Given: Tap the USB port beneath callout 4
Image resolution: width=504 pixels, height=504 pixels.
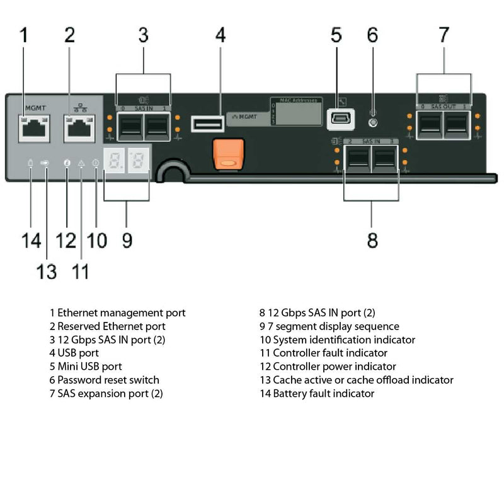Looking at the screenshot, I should pyautogui.click(x=207, y=124).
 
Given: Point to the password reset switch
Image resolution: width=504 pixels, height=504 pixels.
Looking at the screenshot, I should pyautogui.click(x=373, y=123).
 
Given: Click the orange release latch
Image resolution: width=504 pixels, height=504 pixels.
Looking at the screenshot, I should pyautogui.click(x=228, y=155).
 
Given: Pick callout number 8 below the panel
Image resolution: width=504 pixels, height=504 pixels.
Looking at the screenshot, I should pyautogui.click(x=372, y=241).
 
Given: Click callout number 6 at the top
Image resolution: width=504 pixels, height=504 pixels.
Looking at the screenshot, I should pyautogui.click(x=372, y=35).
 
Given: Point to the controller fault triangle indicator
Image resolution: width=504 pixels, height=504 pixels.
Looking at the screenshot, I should pyautogui.click(x=81, y=164).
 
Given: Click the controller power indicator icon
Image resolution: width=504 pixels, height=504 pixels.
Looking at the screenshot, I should pyautogui.click(x=67, y=164).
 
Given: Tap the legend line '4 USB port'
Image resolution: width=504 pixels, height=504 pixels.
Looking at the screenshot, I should pyautogui.click(x=74, y=353).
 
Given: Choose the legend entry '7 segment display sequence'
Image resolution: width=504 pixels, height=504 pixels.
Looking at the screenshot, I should pyautogui.click(x=329, y=326).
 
